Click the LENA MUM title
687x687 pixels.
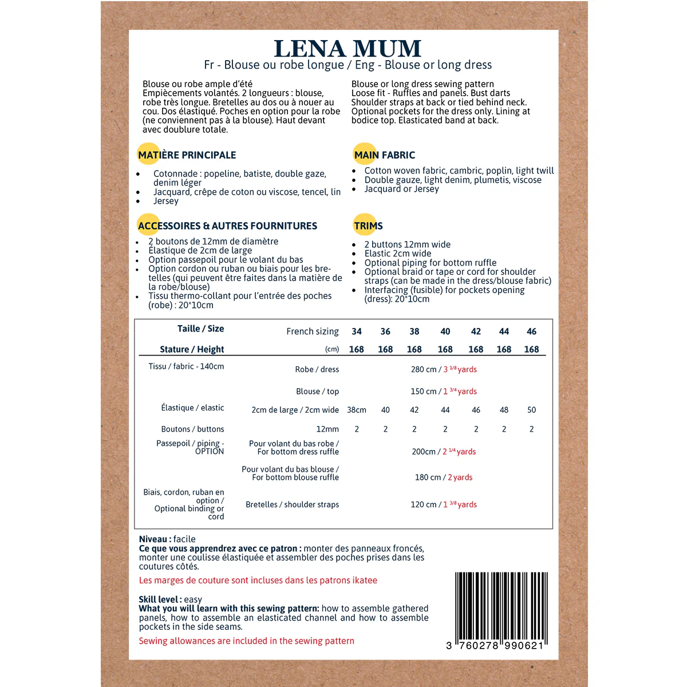[348, 49]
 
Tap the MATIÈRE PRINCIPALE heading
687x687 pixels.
[187, 155]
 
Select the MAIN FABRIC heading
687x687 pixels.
[384, 155]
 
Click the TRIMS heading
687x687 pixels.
[368, 226]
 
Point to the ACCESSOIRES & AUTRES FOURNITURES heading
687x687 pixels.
[227, 226]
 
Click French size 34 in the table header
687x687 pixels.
[357, 331]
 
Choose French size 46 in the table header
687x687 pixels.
[531, 331]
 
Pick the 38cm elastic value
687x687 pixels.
[357, 410]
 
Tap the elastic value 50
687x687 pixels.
[531, 410]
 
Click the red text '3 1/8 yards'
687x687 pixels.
[460, 369]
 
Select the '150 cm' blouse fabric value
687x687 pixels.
[423, 392]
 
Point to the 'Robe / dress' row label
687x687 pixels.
[317, 369]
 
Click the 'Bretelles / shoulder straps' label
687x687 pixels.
[292, 504]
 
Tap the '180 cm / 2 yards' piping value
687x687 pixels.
[444, 477]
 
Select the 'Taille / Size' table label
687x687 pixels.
[200, 329]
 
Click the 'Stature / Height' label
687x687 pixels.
[192, 349]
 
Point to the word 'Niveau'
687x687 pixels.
[153, 539]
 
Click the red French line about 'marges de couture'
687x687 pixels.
[258, 581]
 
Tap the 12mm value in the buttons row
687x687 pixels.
[327, 429]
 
